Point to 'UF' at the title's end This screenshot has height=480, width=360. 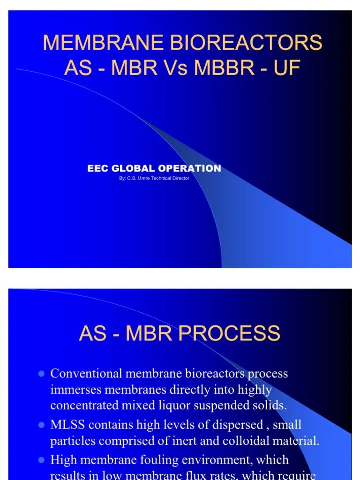(x=285, y=68)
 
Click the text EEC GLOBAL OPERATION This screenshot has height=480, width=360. (x=154, y=168)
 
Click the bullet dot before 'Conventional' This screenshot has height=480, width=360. (x=41, y=374)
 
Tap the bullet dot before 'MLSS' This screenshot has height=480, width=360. (x=41, y=425)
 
